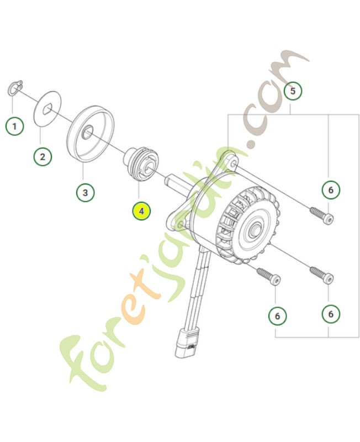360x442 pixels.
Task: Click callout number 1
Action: [15, 126]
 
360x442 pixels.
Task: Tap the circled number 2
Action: [42, 156]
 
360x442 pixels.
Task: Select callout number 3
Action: [84, 193]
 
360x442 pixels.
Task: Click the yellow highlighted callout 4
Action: [141, 211]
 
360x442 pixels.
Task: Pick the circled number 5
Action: [293, 90]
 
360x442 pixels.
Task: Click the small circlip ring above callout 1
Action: [15, 88]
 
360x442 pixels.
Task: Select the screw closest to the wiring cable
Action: [268, 275]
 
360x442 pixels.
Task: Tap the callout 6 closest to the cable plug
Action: [277, 316]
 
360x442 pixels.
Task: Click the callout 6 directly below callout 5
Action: [330, 191]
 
